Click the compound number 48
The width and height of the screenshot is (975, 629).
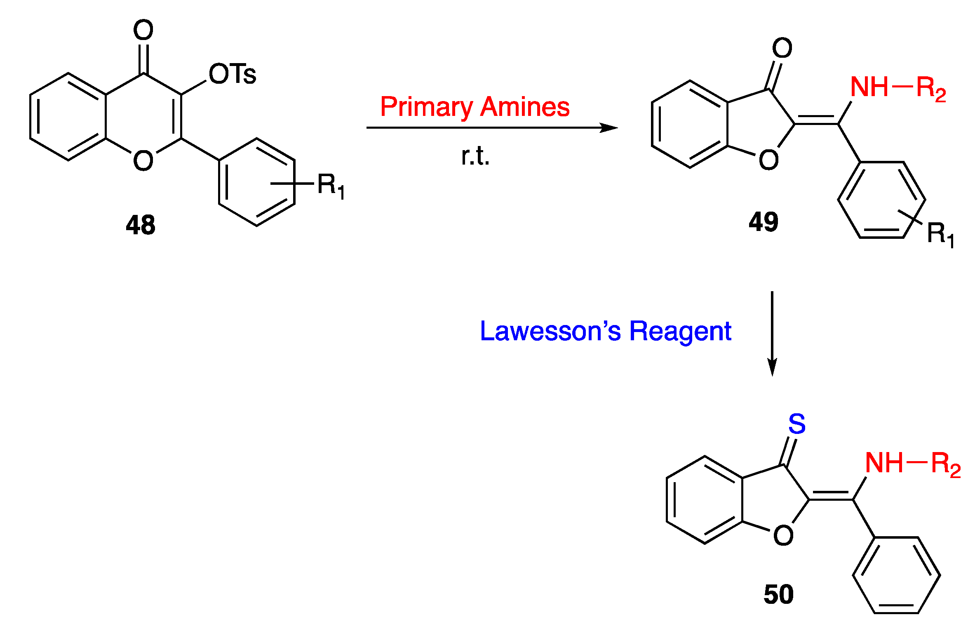(141, 225)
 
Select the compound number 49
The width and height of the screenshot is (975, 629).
(764, 222)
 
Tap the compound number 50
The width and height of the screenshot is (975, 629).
(778, 594)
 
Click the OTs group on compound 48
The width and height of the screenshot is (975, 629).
(233, 74)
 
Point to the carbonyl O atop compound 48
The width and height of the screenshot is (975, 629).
(143, 30)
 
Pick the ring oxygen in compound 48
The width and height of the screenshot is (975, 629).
(143, 160)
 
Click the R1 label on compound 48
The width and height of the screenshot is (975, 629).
(331, 186)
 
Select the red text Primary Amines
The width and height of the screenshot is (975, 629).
(475, 107)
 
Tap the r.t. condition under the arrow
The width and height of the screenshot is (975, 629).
(475, 157)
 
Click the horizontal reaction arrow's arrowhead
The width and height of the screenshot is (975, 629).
(609, 128)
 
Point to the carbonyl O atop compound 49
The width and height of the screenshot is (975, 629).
(782, 48)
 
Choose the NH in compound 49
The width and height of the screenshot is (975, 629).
(869, 87)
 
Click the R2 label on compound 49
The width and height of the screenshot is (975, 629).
(931, 89)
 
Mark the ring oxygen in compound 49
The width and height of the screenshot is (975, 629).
(768, 160)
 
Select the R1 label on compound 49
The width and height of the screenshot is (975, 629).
(940, 234)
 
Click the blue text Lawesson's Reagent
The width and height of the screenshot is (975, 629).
(605, 331)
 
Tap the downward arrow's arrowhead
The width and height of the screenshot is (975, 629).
(772, 367)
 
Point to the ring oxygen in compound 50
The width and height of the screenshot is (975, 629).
(783, 535)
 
